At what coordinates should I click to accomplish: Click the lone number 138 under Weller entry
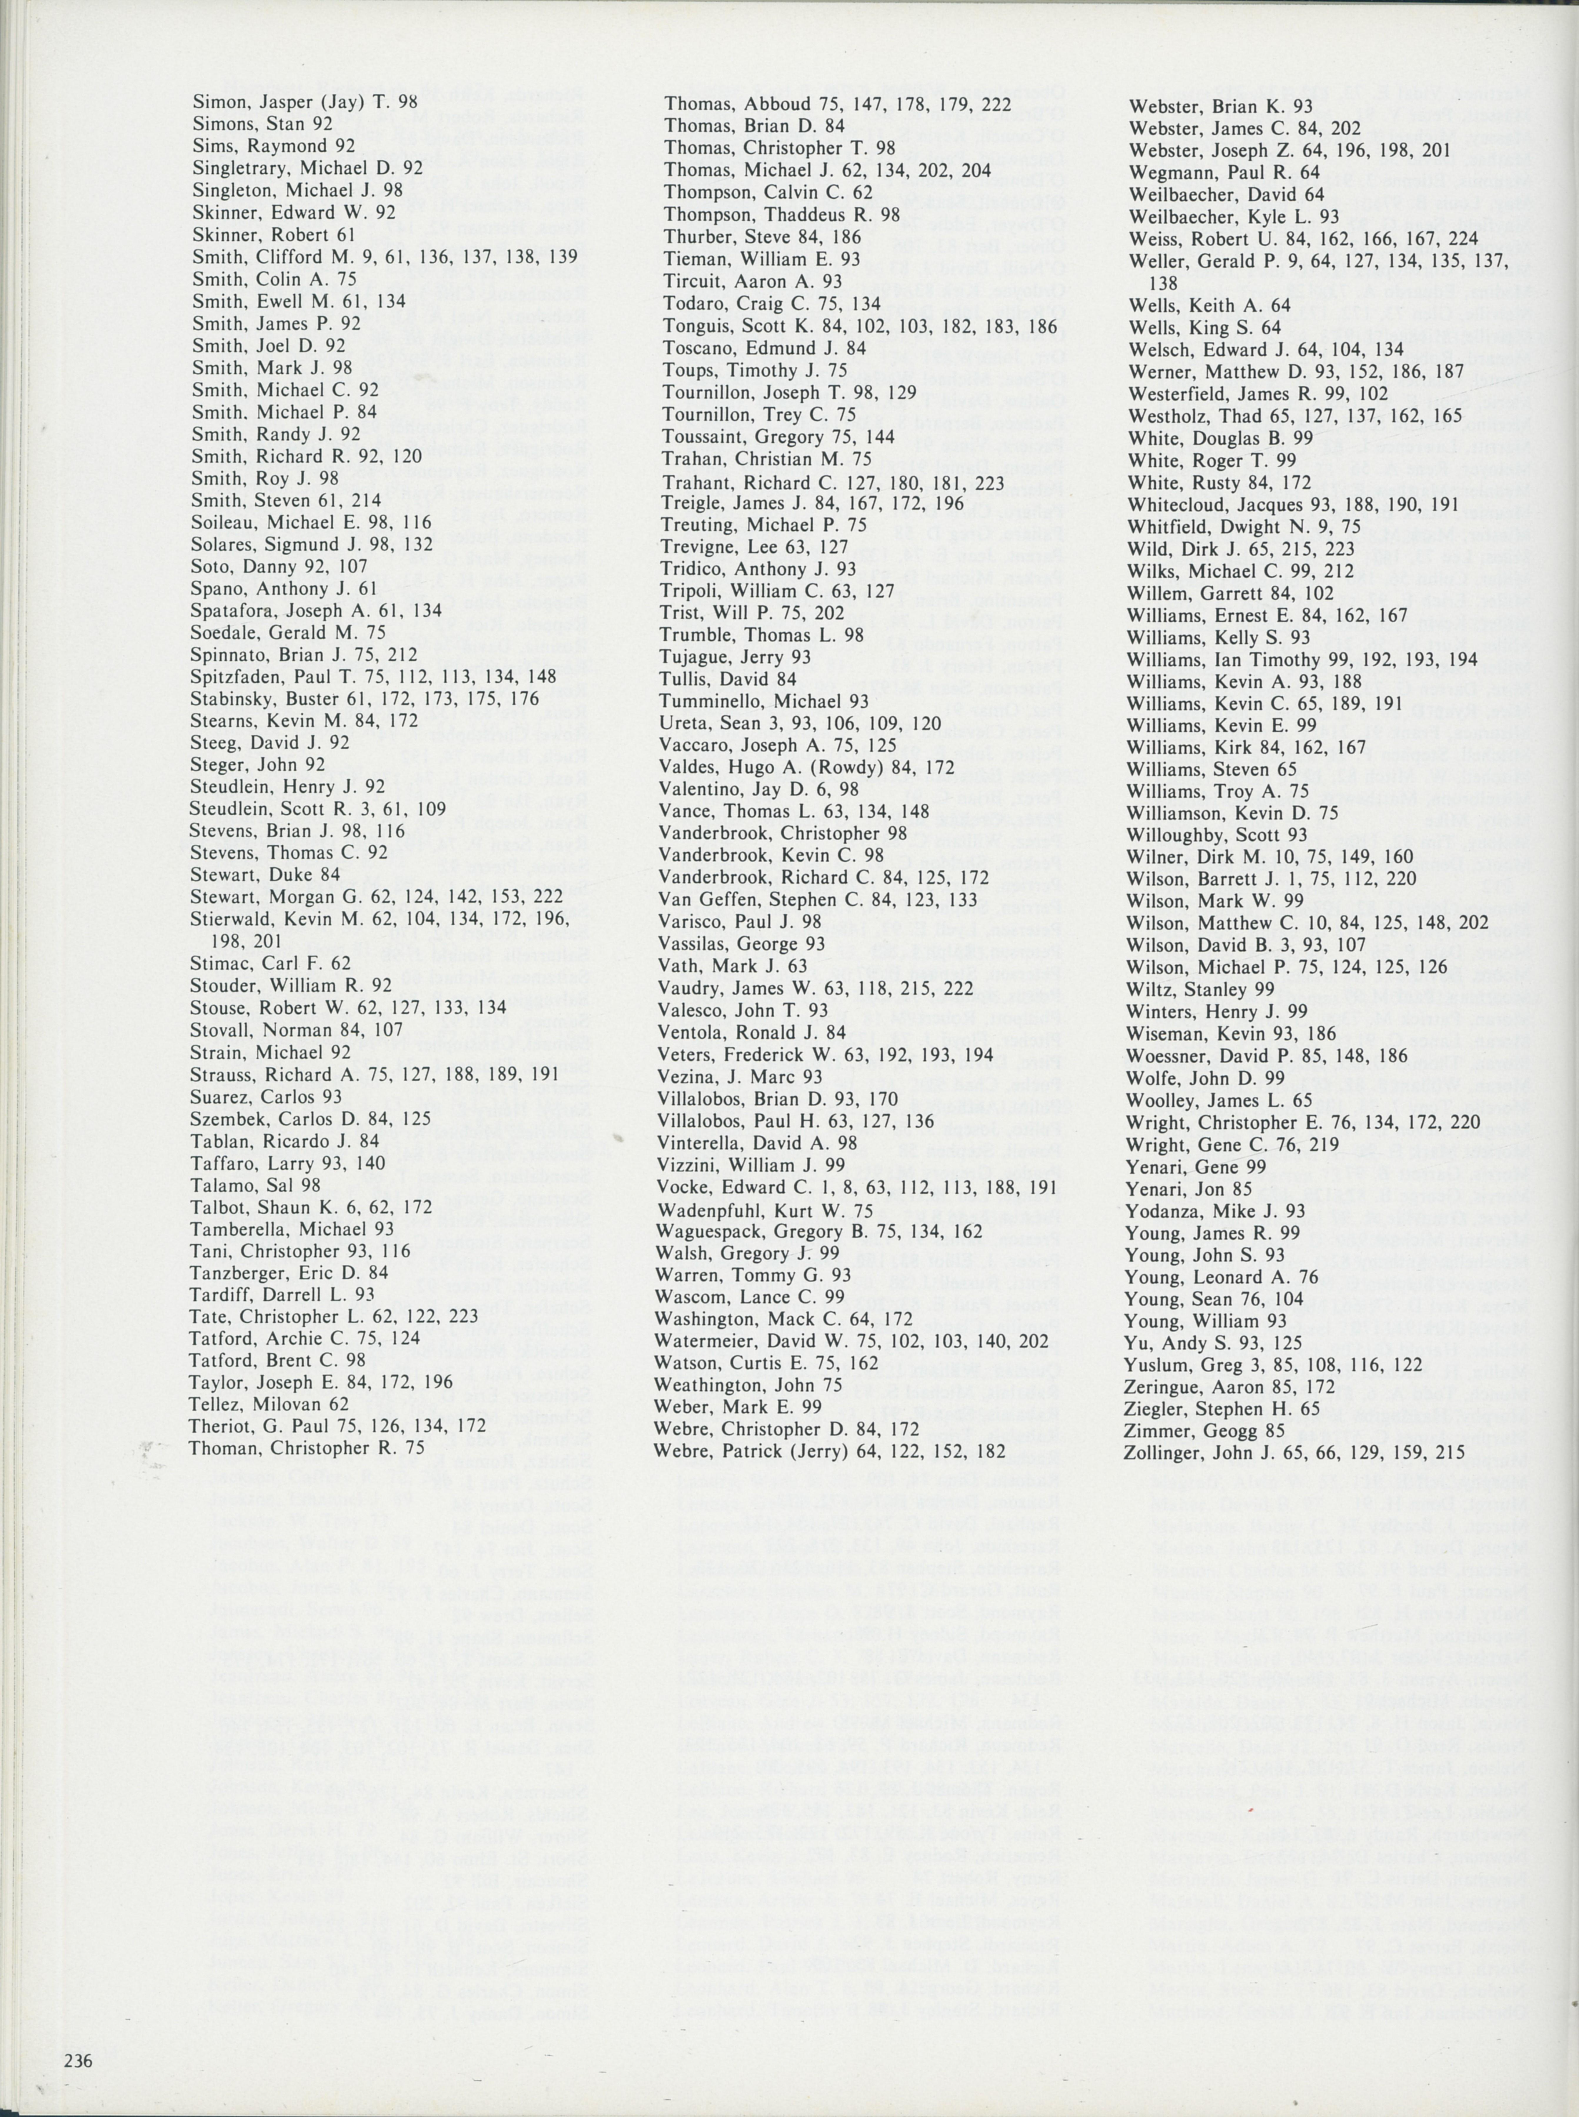1163,283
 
